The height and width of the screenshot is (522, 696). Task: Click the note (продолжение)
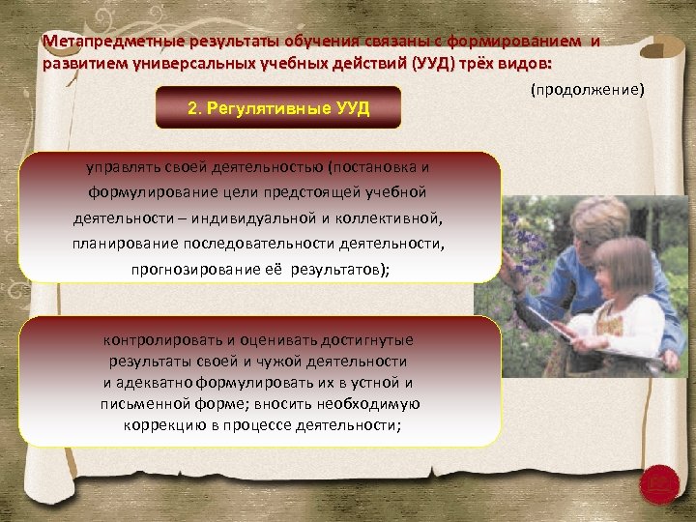pos(586,90)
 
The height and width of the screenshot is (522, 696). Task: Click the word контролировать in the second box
pos(158,340)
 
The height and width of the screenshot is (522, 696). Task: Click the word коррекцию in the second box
pos(160,425)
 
